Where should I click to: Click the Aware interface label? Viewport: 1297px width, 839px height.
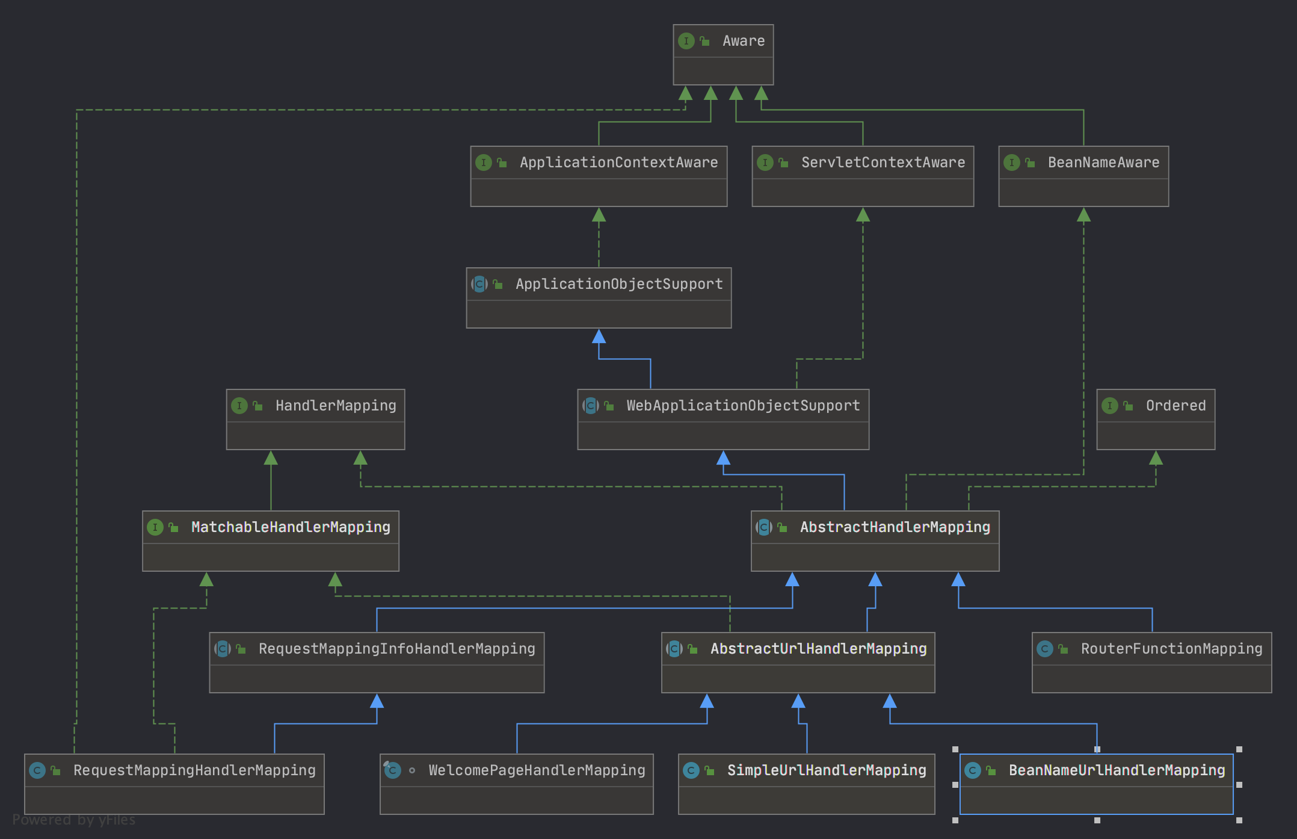pyautogui.click(x=744, y=41)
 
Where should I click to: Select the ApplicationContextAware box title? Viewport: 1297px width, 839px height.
pyautogui.click(x=618, y=163)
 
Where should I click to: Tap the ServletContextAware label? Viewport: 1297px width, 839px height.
pyautogui.click(x=883, y=163)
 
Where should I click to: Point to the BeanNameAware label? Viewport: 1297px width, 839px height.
pyautogui.click(x=1103, y=163)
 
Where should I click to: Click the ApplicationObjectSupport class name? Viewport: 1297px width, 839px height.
pyautogui.click(x=619, y=284)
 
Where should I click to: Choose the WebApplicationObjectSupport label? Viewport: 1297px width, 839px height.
pyautogui.click(x=743, y=406)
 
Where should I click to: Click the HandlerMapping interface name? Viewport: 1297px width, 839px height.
pyautogui.click(x=336, y=406)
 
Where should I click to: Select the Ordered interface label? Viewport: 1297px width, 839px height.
pyautogui.click(x=1175, y=406)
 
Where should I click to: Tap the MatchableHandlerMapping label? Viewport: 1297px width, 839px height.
pyautogui.click(x=291, y=527)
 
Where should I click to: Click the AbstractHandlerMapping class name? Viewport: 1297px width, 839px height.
pyautogui.click(x=895, y=527)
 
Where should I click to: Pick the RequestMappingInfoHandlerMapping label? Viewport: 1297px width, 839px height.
pyautogui.click(x=396, y=649)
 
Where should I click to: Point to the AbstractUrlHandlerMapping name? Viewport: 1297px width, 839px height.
pyautogui.click(x=818, y=649)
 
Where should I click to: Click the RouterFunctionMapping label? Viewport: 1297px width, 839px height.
pyautogui.click(x=1171, y=649)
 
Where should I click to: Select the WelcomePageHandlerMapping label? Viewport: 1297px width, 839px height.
pyautogui.click(x=537, y=770)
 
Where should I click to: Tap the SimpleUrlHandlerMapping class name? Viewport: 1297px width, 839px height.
pyautogui.click(x=827, y=770)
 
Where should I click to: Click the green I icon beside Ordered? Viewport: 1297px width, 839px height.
pyautogui.click(x=1110, y=406)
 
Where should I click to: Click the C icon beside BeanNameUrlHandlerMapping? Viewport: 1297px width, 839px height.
pyautogui.click(x=973, y=770)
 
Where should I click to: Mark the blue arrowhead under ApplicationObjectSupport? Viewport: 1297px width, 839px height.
pyautogui.click(x=599, y=336)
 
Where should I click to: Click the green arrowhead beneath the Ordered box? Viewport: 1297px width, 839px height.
pyautogui.click(x=1156, y=458)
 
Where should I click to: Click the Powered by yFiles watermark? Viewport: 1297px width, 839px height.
pyautogui.click(x=74, y=820)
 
